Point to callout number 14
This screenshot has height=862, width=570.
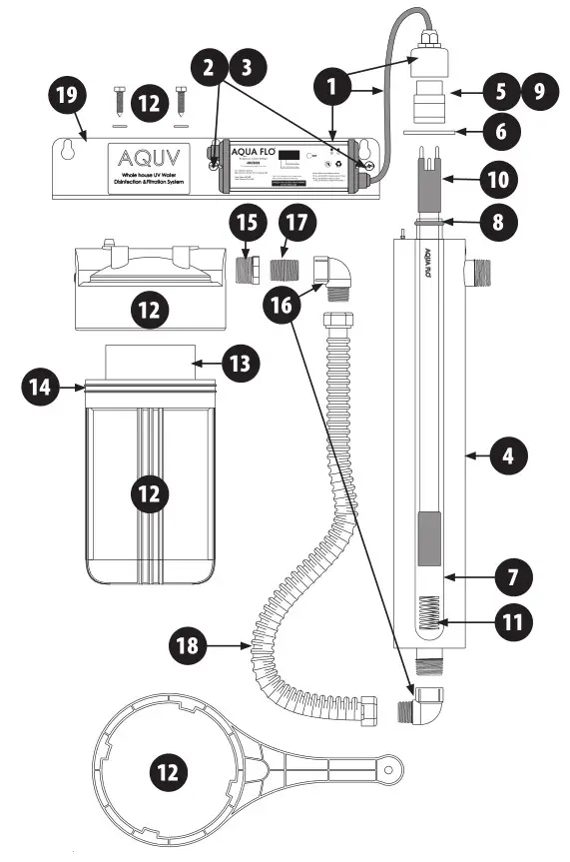pos(41,387)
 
